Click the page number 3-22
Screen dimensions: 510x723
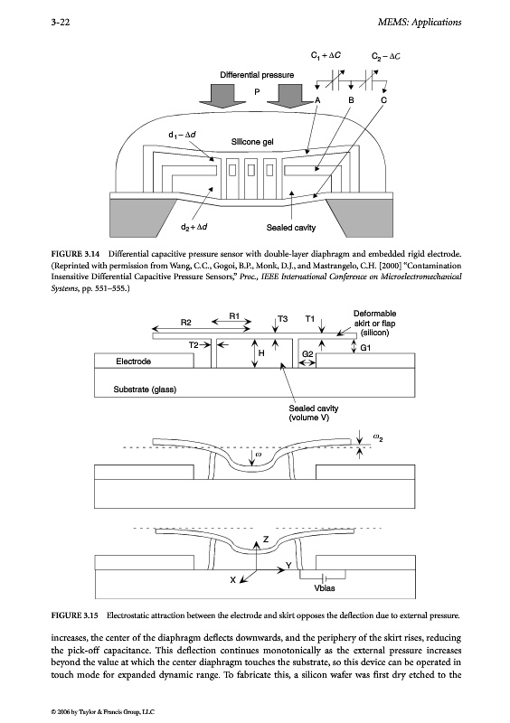[x=60, y=22]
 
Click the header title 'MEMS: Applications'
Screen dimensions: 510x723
[x=419, y=22]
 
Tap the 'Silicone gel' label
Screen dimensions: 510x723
[x=252, y=142]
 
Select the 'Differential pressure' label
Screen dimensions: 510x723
[x=257, y=75]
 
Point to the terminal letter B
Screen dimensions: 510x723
[x=351, y=100]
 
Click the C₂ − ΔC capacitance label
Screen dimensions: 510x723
[x=386, y=56]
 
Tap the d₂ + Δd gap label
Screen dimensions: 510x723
[x=194, y=227]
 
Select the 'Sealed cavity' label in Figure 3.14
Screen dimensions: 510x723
[x=291, y=228]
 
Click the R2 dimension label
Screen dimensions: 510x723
[x=185, y=323]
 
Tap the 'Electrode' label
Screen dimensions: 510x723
[x=134, y=361]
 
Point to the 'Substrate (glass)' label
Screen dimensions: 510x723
[x=145, y=390]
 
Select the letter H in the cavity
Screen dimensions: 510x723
[x=261, y=353]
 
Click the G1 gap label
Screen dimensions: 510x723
[x=365, y=348]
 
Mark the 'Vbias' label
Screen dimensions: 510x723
[x=325, y=588]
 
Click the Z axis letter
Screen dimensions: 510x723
[x=265, y=539]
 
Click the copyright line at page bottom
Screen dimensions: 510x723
[x=103, y=711]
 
